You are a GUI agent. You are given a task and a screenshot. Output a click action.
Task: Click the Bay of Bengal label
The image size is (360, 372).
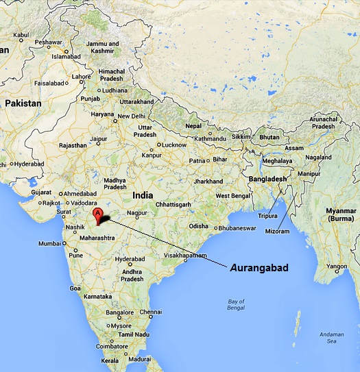tap(236, 305)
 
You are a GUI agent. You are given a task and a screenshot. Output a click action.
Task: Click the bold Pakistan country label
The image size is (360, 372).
tap(23, 103)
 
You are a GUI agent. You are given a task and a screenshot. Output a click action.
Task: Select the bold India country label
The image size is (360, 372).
tap(143, 195)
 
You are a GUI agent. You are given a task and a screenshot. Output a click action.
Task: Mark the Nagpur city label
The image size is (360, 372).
tap(139, 213)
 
